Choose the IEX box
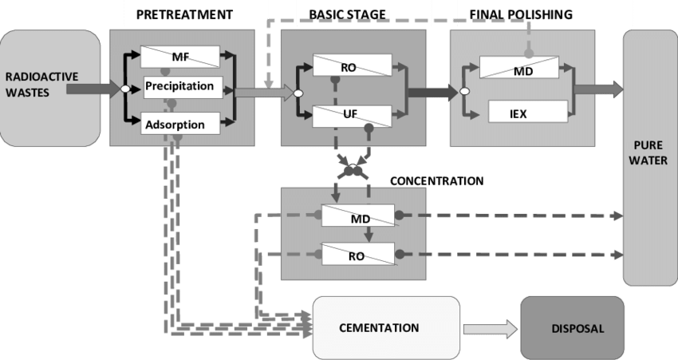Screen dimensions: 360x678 [518, 113]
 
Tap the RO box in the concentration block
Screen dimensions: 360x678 [357, 255]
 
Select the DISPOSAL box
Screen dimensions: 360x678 [572, 327]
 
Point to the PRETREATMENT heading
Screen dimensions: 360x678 [184, 15]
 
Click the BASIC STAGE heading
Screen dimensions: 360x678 [349, 15]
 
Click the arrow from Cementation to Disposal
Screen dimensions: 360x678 [490, 328]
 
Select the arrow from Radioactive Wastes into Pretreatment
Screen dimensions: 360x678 [93, 89]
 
